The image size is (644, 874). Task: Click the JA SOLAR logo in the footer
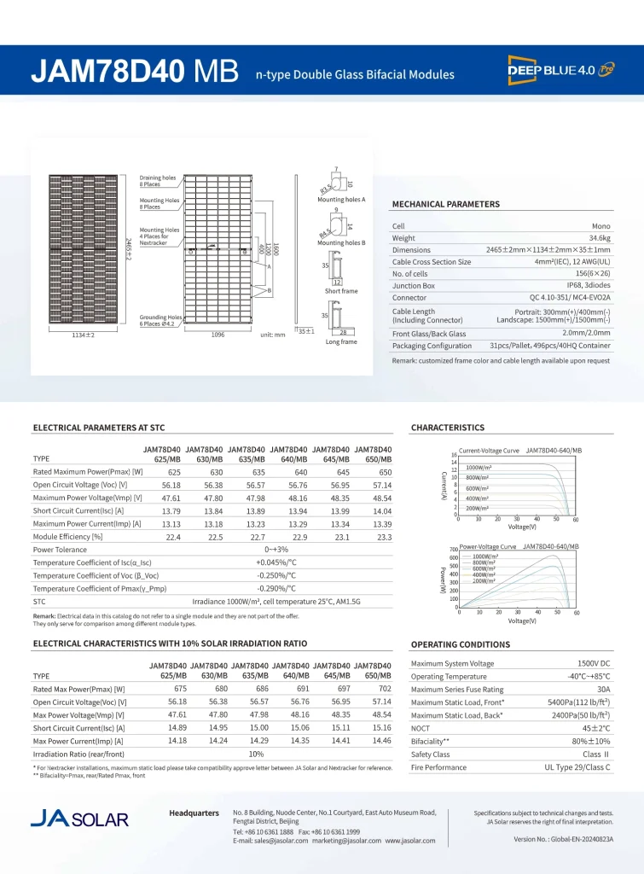pos(79,819)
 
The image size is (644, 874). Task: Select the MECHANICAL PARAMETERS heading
pos(445,204)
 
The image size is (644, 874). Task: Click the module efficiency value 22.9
pos(299,537)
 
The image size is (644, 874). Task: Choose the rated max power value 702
pos(384,688)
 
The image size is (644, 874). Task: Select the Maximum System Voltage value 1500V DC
pos(592,663)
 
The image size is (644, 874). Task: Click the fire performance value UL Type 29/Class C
pos(577,768)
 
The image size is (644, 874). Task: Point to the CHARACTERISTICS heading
pos(447,428)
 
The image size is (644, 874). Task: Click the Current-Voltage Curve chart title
pos(489,450)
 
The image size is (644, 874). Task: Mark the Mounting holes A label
pos(341,199)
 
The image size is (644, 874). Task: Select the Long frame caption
pos(341,341)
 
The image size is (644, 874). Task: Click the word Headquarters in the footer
pos(194,813)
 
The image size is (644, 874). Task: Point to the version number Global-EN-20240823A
pos(563,839)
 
